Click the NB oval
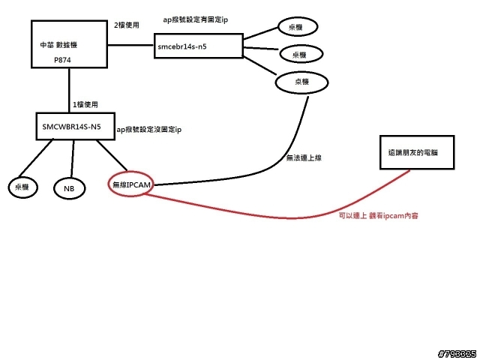pos(69,187)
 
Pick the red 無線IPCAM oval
pos(132,184)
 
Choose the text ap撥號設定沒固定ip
pos(149,130)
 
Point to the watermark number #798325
pos(455,352)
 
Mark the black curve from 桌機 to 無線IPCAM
pos(247,178)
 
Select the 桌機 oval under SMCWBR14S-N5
pos(21,186)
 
